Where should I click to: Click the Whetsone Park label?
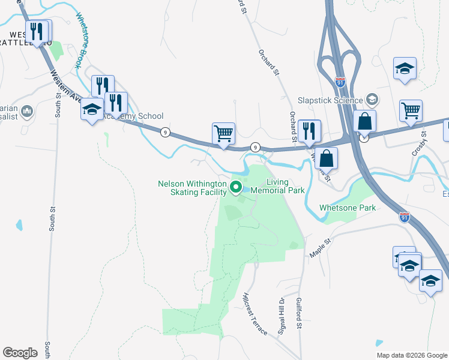point(348,208)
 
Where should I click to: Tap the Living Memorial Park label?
point(277,186)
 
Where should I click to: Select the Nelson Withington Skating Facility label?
point(192,188)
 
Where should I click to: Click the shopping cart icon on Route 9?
point(223,133)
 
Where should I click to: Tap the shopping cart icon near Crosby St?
point(411,110)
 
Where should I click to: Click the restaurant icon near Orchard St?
point(309,130)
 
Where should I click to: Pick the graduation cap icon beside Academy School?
point(92,109)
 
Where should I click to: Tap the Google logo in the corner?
point(20,353)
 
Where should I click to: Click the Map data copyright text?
point(412,355)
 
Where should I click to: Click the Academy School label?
point(133,116)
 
